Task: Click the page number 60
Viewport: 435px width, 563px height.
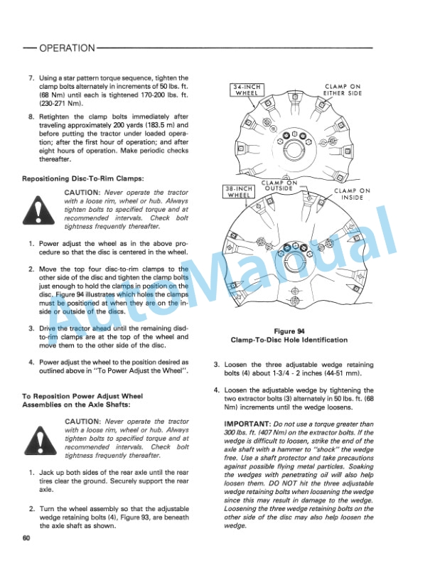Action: (x=26, y=537)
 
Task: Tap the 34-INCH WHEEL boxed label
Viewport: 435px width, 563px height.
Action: (x=247, y=90)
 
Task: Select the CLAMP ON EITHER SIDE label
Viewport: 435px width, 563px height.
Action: (x=343, y=89)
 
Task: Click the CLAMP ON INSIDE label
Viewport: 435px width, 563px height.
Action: (x=352, y=194)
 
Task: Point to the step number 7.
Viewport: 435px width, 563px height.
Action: (x=31, y=78)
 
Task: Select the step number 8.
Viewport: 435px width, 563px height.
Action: (x=31, y=115)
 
